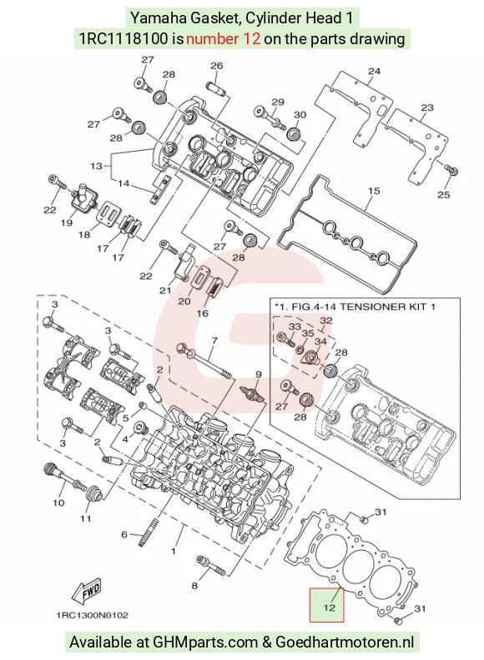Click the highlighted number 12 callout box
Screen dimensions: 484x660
coord(327,605)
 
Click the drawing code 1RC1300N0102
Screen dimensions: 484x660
coord(92,615)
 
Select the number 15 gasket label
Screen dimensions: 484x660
coord(374,191)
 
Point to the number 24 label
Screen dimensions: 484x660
coord(374,71)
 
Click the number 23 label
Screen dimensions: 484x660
coord(427,107)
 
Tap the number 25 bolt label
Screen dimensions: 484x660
coord(443,194)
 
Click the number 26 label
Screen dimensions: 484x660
coord(216,66)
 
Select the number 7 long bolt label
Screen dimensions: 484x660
coord(214,340)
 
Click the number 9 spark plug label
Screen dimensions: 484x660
coord(259,374)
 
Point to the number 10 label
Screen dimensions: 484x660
coord(58,502)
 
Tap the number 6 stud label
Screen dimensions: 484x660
coord(124,534)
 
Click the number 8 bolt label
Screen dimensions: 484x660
coord(194,586)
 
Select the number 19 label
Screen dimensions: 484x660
coord(67,222)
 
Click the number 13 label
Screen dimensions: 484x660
coord(96,166)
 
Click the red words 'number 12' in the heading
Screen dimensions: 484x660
coord(223,38)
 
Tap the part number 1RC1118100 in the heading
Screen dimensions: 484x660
coord(124,38)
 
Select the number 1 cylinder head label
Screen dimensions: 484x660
coord(174,551)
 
